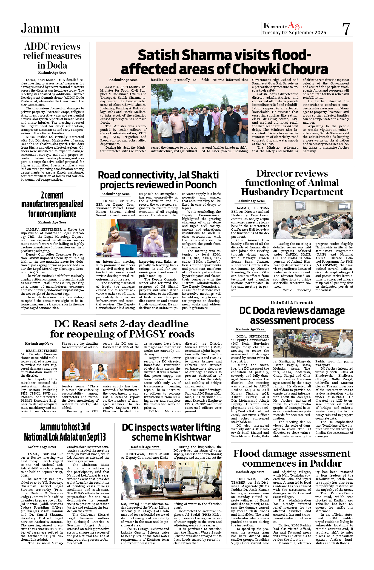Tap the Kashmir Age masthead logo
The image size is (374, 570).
[282, 26]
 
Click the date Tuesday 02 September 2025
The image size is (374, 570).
[294, 33]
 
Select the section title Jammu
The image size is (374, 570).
[40, 28]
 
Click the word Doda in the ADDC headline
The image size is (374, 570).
[57, 65]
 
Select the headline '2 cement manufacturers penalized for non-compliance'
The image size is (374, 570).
[52, 204]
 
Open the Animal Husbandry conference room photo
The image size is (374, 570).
[313, 219]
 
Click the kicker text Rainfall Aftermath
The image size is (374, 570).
[292, 303]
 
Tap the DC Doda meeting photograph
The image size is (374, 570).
[313, 343]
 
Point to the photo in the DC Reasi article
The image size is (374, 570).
[101, 366]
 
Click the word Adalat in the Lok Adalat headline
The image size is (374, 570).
[84, 437]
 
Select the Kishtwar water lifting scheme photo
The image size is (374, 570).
[171, 480]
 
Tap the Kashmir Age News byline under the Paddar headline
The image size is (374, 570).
[250, 472]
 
